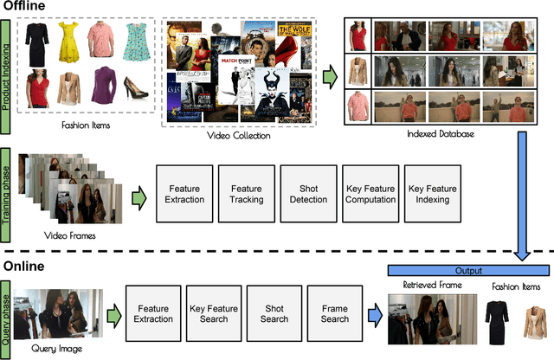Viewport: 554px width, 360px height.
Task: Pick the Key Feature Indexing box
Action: coord(430,193)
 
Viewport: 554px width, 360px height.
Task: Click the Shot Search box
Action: coord(274,312)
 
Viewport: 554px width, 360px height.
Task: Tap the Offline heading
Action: coord(28,8)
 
